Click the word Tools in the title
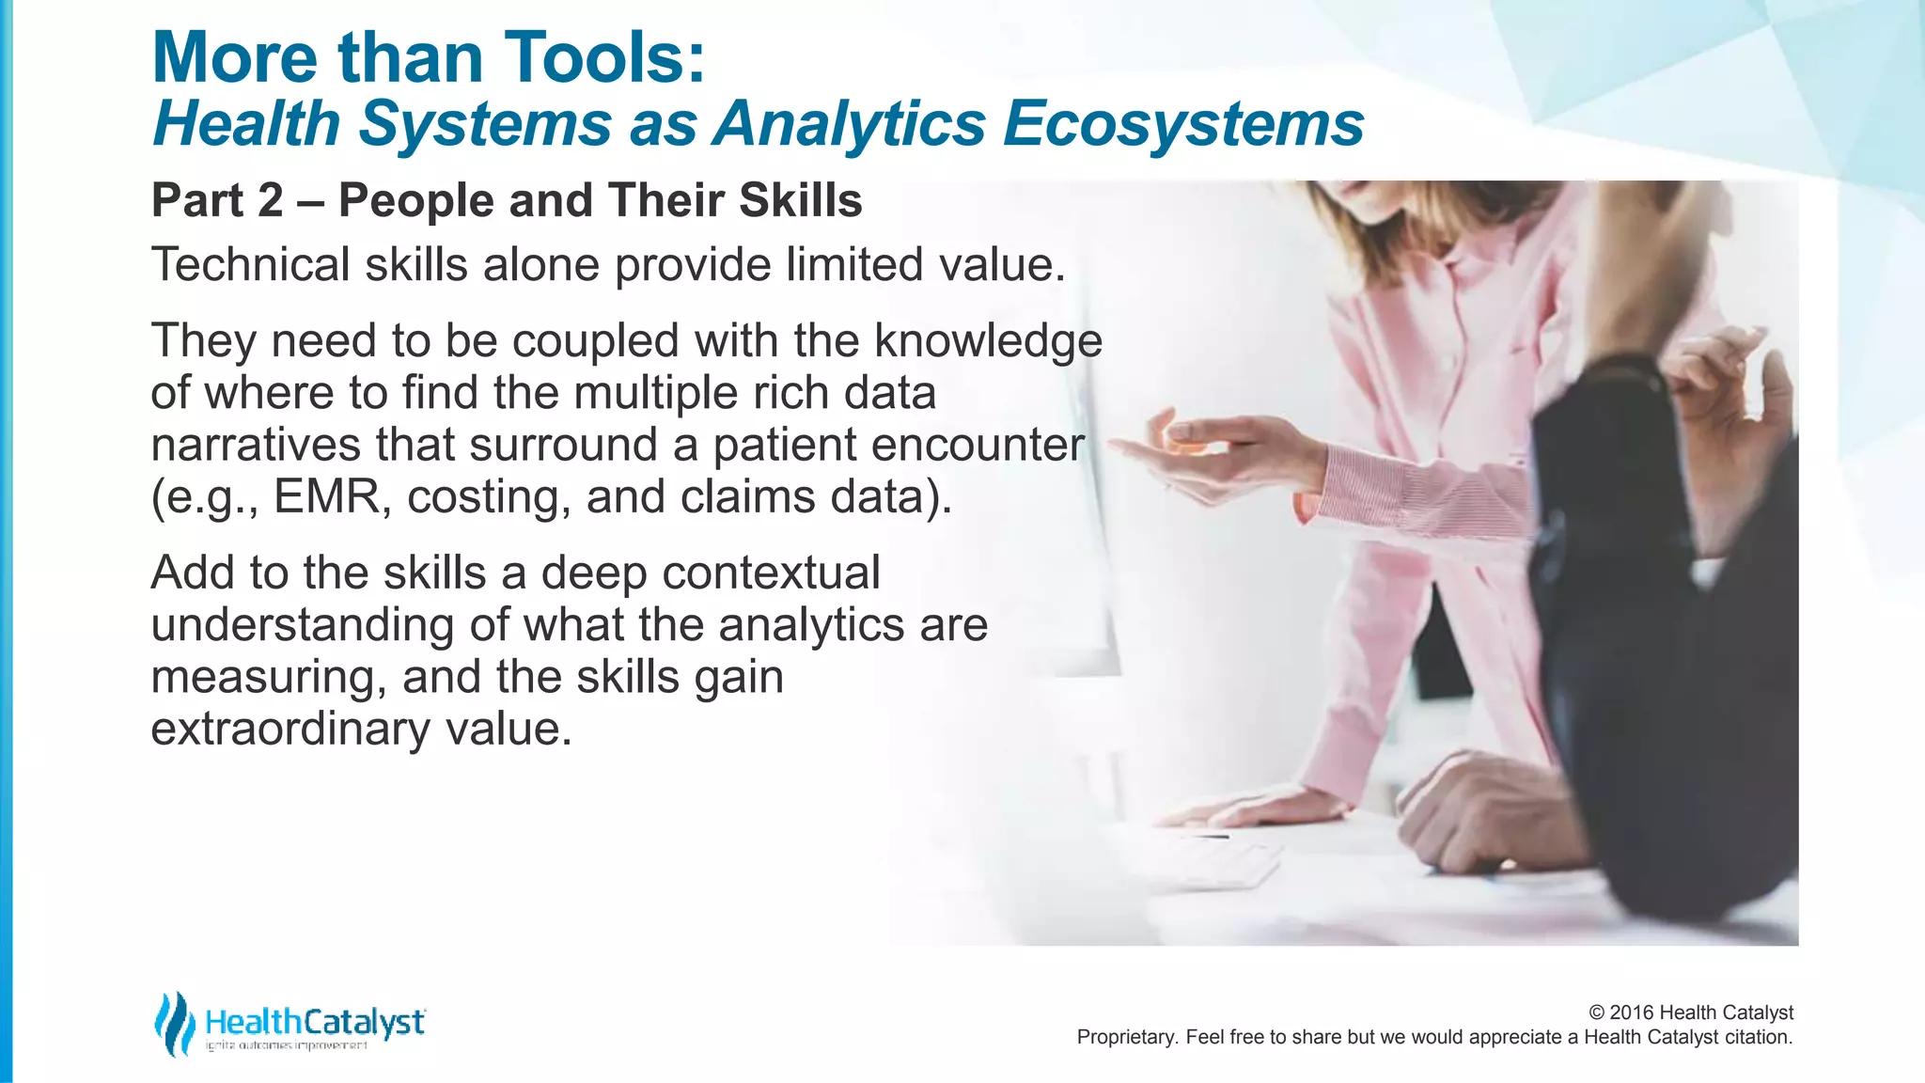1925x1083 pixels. pos(592,58)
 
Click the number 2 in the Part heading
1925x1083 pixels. pos(270,201)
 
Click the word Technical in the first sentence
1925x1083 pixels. pos(250,265)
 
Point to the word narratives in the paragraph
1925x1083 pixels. pos(255,446)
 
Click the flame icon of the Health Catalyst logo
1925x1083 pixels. pos(174,1023)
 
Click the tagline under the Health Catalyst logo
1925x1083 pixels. pos(287,1045)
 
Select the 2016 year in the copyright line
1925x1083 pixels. pos(1632,1012)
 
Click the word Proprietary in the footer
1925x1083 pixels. pos(1125,1037)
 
